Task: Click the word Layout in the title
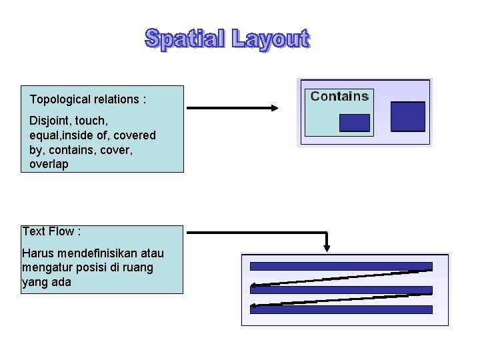pos(271,40)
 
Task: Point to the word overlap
pos(49,164)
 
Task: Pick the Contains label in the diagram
pos(339,96)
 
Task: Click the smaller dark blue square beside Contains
pos(354,123)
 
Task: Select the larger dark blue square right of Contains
pos(407,116)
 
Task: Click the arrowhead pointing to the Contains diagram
pos(273,108)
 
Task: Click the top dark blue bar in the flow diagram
pos(341,266)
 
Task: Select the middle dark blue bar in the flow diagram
pos(341,290)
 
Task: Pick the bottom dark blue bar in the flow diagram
pos(341,309)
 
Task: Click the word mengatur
pos(46,267)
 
